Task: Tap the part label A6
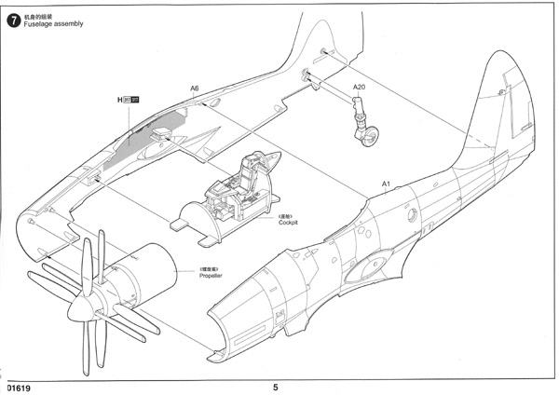coord(195,89)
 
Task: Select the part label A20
coord(359,88)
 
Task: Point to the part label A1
coord(385,184)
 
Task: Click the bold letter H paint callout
coord(121,99)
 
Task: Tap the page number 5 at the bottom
coord(276,387)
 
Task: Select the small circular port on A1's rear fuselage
coord(411,213)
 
